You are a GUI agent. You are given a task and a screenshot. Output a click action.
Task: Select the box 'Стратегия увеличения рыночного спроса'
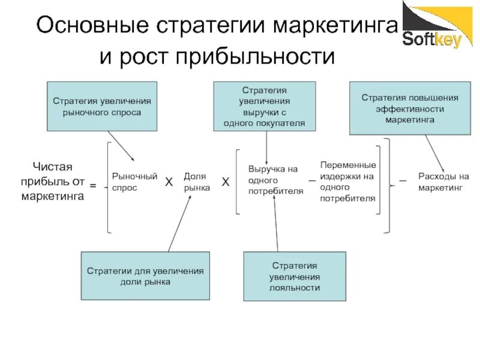[102, 106]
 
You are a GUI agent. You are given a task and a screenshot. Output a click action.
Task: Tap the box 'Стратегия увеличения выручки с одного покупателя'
[265, 106]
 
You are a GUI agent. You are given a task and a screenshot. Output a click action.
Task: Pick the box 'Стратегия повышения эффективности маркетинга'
[410, 108]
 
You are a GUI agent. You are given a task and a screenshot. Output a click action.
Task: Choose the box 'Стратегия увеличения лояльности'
[294, 276]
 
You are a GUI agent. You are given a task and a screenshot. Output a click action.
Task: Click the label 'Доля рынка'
[196, 182]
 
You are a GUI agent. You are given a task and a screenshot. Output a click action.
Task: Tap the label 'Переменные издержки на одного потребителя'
[348, 181]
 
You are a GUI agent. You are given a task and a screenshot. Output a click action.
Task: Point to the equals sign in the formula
[93, 187]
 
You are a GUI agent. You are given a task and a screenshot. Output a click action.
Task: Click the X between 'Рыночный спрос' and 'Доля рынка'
[169, 181]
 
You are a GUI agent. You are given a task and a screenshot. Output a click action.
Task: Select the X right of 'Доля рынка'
[226, 181]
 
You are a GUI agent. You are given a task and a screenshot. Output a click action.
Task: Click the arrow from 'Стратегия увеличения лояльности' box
[276, 225]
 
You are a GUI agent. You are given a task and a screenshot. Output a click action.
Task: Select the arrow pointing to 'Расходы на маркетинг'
[434, 152]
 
